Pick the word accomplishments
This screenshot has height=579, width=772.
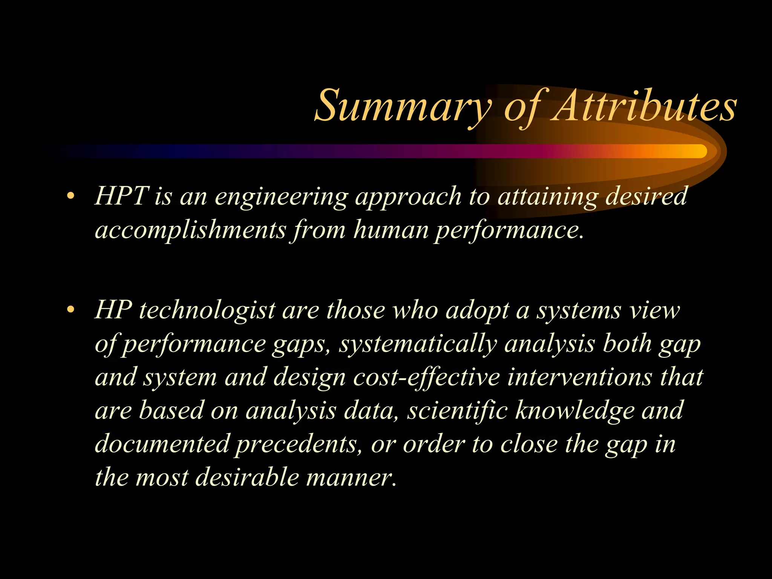(x=190, y=230)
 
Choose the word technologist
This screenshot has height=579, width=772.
(x=207, y=311)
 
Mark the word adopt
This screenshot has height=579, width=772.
(x=477, y=311)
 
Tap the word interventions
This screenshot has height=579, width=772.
(x=579, y=377)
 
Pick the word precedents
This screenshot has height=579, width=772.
(x=296, y=444)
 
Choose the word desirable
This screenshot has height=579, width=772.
(x=247, y=477)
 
